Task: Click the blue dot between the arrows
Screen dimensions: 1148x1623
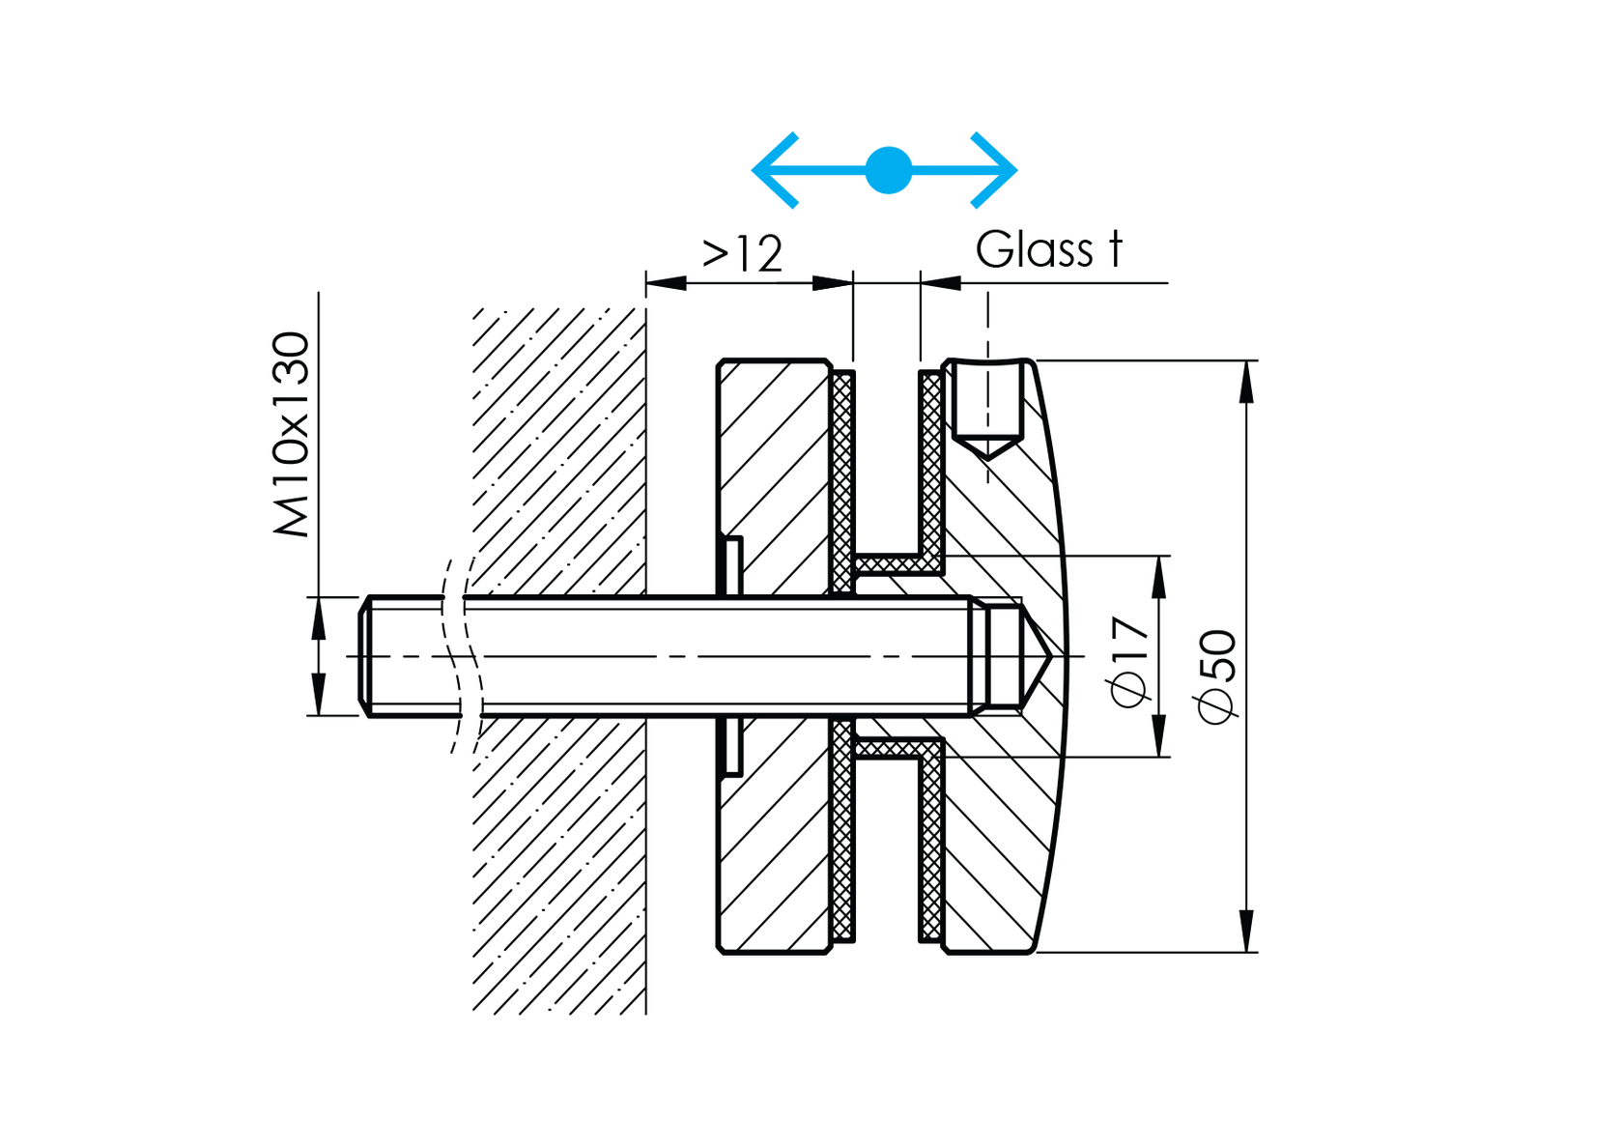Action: click(888, 170)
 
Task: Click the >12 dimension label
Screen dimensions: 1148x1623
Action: click(742, 254)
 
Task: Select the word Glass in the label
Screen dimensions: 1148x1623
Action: click(1034, 250)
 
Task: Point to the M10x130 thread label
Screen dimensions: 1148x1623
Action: click(291, 434)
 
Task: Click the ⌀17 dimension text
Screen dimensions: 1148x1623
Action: click(1129, 661)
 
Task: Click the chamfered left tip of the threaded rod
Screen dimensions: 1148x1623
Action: click(365, 656)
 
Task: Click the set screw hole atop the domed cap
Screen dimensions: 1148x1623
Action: click(987, 406)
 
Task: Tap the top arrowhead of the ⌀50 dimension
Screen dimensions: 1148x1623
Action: click(1246, 381)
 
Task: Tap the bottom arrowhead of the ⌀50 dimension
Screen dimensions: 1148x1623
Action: click(1246, 932)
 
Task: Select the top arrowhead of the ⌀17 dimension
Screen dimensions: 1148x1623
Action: click(1160, 576)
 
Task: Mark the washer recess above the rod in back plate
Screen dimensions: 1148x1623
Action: click(733, 566)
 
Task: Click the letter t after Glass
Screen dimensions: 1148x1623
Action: click(1115, 249)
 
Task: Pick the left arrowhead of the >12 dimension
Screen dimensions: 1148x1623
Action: click(665, 283)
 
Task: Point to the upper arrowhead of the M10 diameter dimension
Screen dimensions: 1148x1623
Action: click(318, 618)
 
